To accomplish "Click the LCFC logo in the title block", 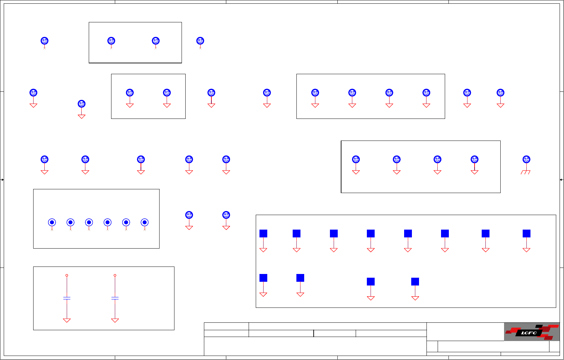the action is click(x=531, y=332).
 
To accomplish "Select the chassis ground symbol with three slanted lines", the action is click(x=525, y=172).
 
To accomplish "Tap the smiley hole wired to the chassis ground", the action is click(x=526, y=159).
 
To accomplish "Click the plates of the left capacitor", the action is click(x=67, y=298).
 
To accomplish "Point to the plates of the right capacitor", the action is click(x=115, y=298).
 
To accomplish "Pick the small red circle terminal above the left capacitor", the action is click(x=67, y=275).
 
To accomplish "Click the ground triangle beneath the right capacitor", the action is click(x=115, y=320).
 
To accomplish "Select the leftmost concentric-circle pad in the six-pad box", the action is click(x=52, y=223).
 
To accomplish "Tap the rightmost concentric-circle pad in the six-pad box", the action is click(x=144, y=223).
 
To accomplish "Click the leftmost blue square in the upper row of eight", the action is click(x=263, y=233).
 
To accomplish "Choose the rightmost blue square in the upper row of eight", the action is click(x=526, y=233).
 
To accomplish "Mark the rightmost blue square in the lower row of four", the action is click(x=415, y=281).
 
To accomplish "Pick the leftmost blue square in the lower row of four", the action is click(x=263, y=278).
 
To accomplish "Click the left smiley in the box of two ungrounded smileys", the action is click(x=111, y=41).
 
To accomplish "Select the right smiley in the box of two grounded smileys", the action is click(x=167, y=92).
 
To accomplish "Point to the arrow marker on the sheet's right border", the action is click(x=561, y=179).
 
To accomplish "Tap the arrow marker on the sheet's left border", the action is click(x=2, y=179).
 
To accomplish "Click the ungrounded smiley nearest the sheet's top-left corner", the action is click(x=44, y=41).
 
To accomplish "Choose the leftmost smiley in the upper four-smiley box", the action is click(x=315, y=92).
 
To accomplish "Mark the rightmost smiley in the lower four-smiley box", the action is click(x=474, y=159).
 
